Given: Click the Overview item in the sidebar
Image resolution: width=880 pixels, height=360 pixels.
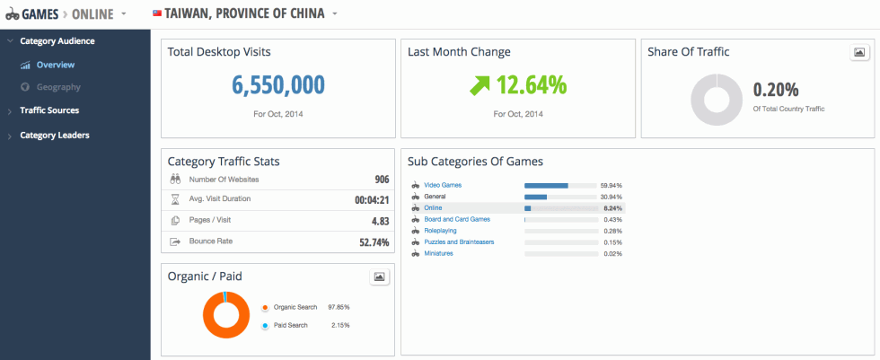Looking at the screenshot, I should point(55,65).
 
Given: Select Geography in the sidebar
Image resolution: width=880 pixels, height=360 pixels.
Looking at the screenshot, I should point(58,87).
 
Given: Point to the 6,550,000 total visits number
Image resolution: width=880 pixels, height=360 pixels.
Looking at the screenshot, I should point(277,85).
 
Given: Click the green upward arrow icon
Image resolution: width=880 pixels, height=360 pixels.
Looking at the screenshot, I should point(478,86).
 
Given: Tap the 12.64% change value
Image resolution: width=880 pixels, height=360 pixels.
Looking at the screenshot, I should point(532,85).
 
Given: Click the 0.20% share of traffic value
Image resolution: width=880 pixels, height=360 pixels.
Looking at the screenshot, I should point(776,90).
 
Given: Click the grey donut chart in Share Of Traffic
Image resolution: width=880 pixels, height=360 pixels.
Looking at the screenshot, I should point(716,99).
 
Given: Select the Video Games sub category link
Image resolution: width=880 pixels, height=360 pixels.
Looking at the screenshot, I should point(444,185).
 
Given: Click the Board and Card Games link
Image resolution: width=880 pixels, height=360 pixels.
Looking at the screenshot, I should point(456,219).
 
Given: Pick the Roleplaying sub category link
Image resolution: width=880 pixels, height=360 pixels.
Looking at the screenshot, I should point(440,231).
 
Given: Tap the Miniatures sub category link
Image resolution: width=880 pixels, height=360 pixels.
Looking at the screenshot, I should point(438,253).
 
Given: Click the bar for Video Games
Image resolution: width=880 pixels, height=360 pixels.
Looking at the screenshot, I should point(546,185).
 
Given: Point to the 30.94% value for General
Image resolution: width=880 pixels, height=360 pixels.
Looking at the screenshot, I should point(612,197).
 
